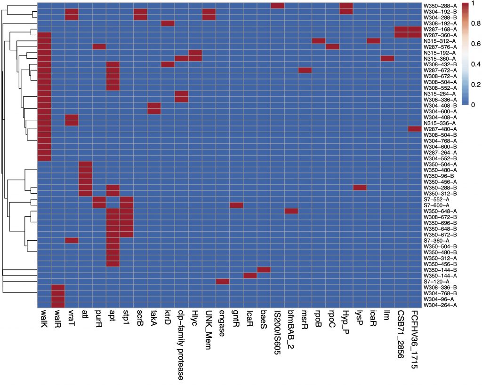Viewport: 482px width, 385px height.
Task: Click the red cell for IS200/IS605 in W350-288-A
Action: tap(278, 6)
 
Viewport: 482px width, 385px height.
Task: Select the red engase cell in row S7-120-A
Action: tap(223, 281)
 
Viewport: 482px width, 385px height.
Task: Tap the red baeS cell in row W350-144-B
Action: tap(264, 269)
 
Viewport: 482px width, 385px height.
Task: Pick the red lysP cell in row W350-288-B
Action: tap(360, 188)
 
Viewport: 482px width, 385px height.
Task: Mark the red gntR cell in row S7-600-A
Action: tap(236, 205)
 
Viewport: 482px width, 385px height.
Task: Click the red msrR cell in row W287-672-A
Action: tap(305, 70)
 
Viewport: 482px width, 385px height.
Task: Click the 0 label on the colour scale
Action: tap(471, 104)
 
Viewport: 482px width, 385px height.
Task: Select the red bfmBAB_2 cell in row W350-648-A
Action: tap(291, 211)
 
